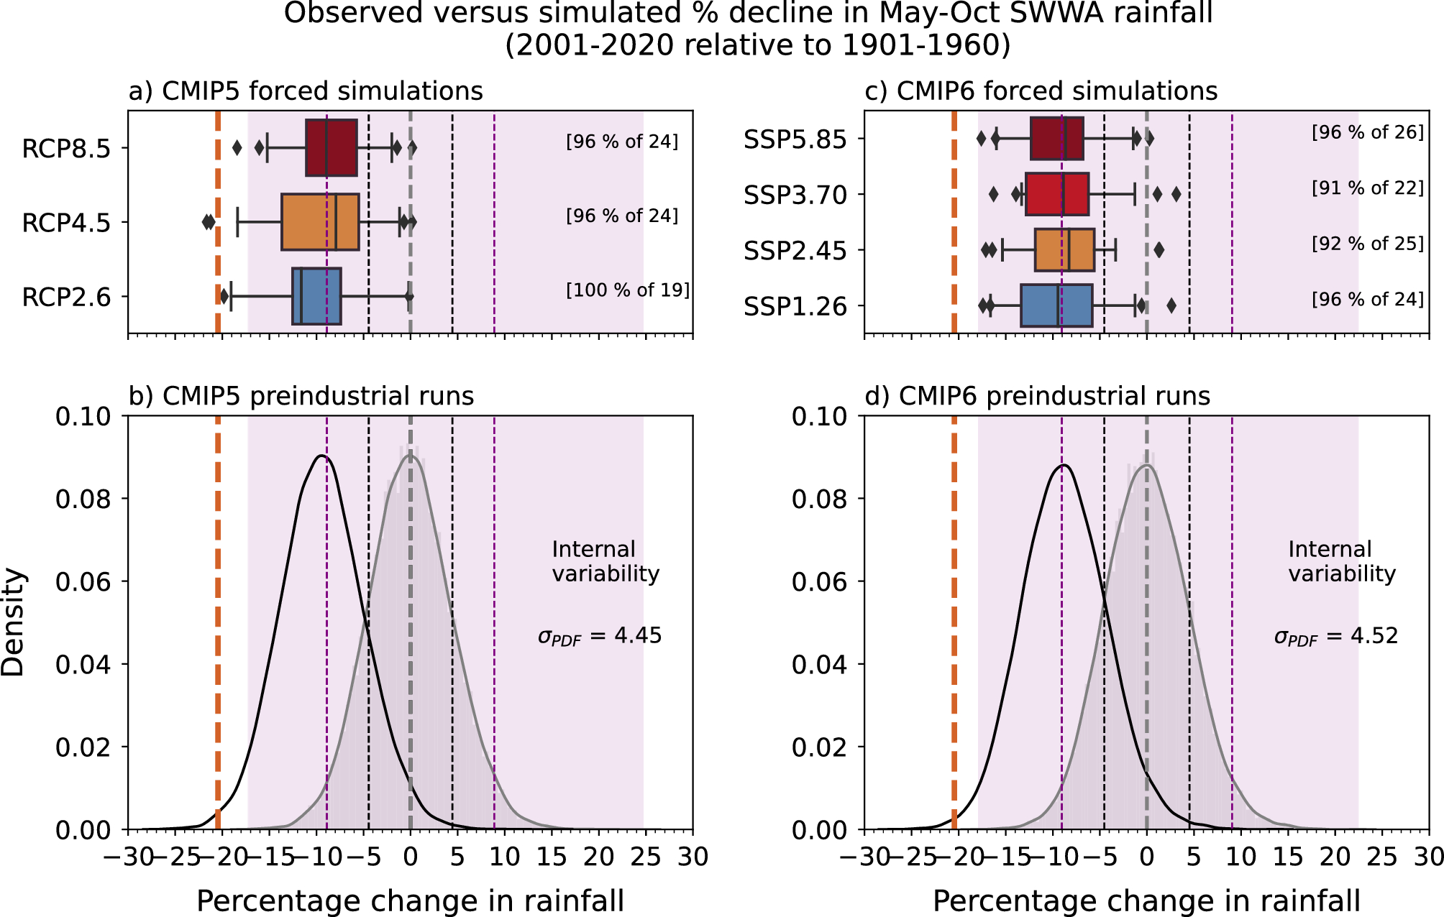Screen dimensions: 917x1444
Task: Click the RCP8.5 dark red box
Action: point(331,148)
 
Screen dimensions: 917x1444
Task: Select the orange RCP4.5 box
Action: point(319,222)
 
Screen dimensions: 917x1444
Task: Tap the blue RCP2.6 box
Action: point(316,296)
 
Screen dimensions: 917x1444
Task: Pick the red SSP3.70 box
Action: point(1056,194)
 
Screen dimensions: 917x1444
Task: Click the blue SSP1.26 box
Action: point(1056,305)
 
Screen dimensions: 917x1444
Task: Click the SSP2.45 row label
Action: point(795,252)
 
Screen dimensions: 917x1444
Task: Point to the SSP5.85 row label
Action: point(795,139)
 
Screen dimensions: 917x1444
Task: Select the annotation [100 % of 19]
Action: point(627,290)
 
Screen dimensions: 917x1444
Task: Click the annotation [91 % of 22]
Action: point(1367,188)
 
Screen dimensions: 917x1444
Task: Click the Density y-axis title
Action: point(13,622)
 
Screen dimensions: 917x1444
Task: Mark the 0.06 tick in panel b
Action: point(83,582)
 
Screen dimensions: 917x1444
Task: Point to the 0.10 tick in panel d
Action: point(819,417)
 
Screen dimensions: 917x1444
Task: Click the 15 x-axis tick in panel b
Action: point(552,857)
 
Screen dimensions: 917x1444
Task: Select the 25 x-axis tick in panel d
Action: point(1381,857)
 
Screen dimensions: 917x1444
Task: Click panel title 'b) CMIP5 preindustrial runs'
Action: point(301,396)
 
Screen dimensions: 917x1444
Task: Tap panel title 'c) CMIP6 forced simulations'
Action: point(1041,91)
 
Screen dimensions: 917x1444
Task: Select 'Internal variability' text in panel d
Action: point(1341,561)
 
